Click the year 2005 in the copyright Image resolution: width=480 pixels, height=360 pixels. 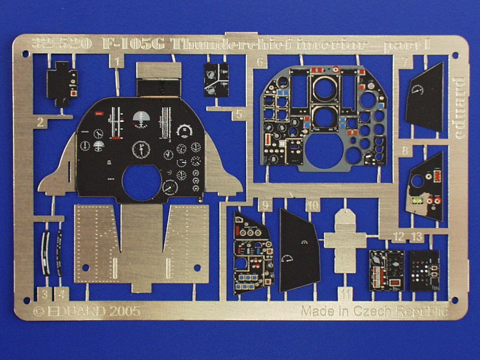125,311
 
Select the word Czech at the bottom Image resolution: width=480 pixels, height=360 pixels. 383,311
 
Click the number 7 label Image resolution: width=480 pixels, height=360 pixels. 406,62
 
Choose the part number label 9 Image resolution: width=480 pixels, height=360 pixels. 265,205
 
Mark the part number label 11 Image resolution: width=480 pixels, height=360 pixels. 344,294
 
